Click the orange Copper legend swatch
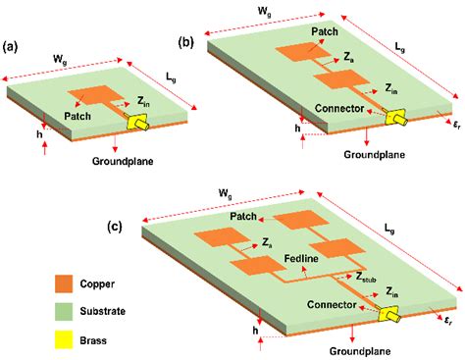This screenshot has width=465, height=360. (64, 283)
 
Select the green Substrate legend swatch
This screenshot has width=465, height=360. (64, 311)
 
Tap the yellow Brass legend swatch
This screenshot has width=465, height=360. (64, 339)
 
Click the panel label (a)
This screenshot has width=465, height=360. (10, 47)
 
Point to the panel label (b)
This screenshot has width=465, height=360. (186, 42)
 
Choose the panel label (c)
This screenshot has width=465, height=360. (115, 227)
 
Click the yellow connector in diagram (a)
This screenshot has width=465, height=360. (137, 123)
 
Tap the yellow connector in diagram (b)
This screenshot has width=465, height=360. (396, 118)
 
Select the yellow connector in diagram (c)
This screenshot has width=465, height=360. (388, 314)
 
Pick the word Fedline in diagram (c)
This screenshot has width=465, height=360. (301, 259)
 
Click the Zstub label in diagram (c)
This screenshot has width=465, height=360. (366, 278)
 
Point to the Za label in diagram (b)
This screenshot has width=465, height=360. (348, 57)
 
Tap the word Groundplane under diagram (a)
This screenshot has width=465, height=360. (123, 161)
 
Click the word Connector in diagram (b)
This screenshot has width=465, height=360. (339, 108)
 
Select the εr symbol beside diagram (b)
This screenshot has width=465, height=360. (457, 125)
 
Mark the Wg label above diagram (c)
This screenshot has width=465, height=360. (226, 193)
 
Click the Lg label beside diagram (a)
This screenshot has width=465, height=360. (171, 77)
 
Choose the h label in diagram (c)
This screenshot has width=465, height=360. (255, 331)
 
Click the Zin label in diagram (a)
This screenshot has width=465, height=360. (143, 102)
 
